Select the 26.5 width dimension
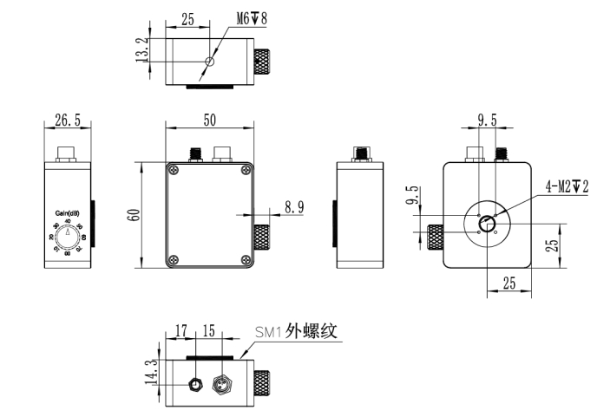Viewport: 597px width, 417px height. (68, 121)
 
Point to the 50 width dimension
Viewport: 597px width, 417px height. (209, 120)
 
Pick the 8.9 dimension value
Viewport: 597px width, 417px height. (294, 206)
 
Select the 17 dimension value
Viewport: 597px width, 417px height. (182, 330)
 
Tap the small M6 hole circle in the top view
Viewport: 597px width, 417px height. (207, 61)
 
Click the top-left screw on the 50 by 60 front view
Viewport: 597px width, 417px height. (173, 170)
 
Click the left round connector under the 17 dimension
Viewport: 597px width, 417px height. (196, 382)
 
